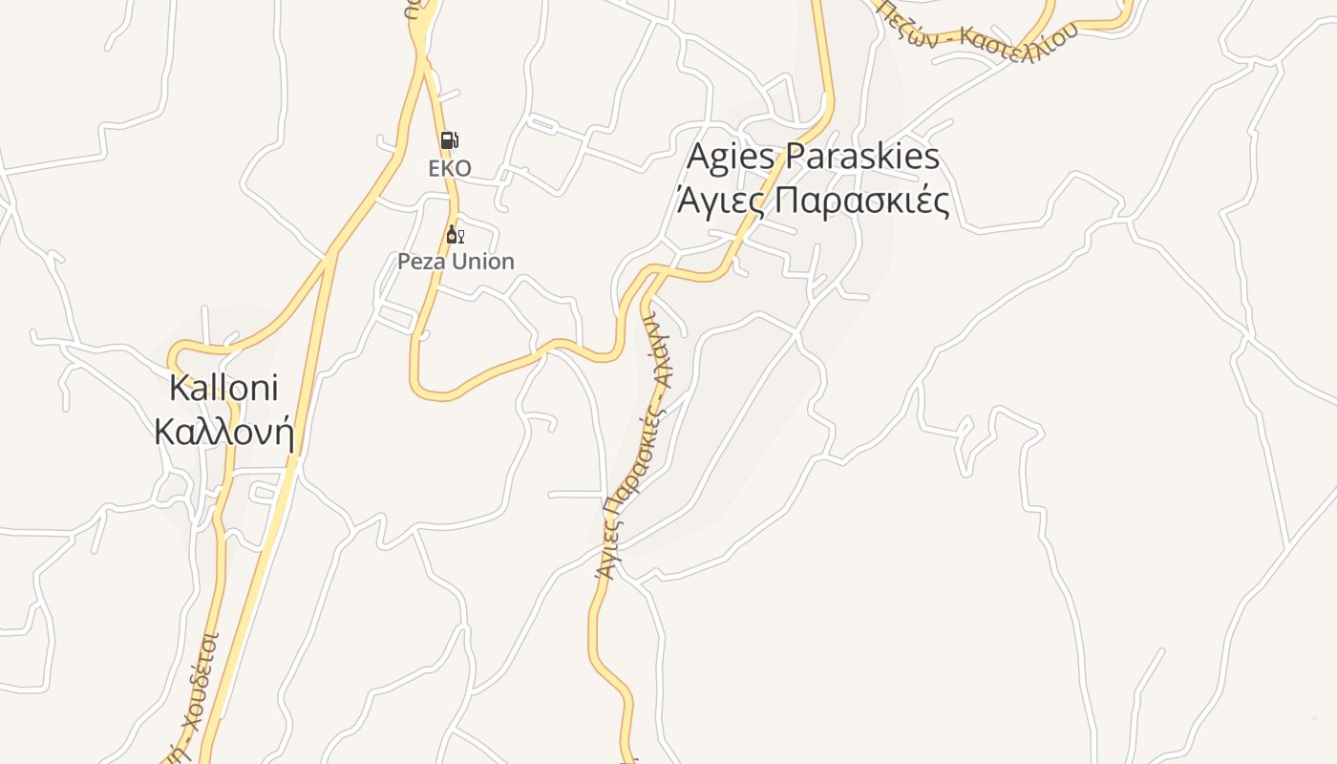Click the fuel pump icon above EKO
tap(449, 140)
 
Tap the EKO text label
tap(449, 169)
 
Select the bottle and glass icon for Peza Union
tap(455, 235)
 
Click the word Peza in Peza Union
tap(423, 262)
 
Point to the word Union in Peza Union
tap(483, 262)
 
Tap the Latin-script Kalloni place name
tap(223, 388)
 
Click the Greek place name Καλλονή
tap(223, 432)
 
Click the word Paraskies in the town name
tap(862, 157)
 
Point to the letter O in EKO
tap(462, 169)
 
